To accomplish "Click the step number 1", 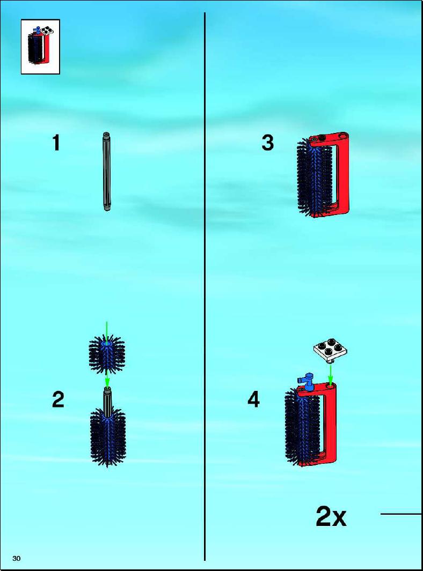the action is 56,143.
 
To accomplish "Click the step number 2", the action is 58,399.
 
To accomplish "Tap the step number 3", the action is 267,143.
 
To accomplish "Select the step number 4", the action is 253,399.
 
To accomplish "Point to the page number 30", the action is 17,558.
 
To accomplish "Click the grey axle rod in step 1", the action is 106,172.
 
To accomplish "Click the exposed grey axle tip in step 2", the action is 107,399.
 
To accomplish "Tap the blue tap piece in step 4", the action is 307,381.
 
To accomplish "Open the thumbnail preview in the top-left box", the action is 40,47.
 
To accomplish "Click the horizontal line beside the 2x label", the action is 401,514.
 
